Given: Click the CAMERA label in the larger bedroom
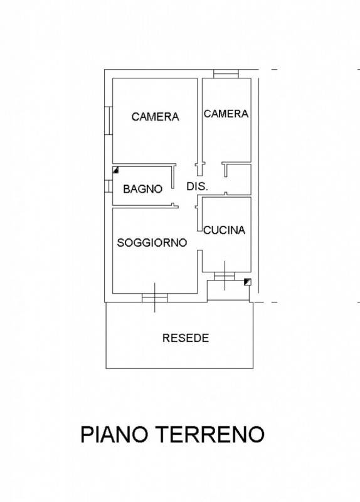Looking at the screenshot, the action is point(155,117).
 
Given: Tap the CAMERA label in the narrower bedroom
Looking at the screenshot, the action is point(226,114).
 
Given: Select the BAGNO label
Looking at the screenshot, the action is point(143,189).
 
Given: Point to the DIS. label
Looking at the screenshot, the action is point(197,186).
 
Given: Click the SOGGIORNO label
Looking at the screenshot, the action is point(152,243).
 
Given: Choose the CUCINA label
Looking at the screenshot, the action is point(225,230).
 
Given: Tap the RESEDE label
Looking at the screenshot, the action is point(186,338).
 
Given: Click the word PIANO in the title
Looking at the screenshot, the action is point(114,434).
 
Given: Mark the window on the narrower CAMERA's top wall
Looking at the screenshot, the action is point(226,73).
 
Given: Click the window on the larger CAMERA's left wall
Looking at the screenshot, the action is point(109,120).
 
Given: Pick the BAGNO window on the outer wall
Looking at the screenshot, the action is point(109,186).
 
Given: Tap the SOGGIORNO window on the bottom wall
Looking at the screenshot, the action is point(154,297).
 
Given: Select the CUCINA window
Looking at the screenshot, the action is point(225,276).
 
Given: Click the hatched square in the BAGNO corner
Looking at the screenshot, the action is point(116,170).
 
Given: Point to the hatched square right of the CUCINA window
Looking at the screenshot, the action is point(248,282).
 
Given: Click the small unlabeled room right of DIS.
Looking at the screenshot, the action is point(239,179).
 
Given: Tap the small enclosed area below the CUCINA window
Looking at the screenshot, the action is point(228,291).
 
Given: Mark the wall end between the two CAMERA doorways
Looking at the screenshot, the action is point(199,169).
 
